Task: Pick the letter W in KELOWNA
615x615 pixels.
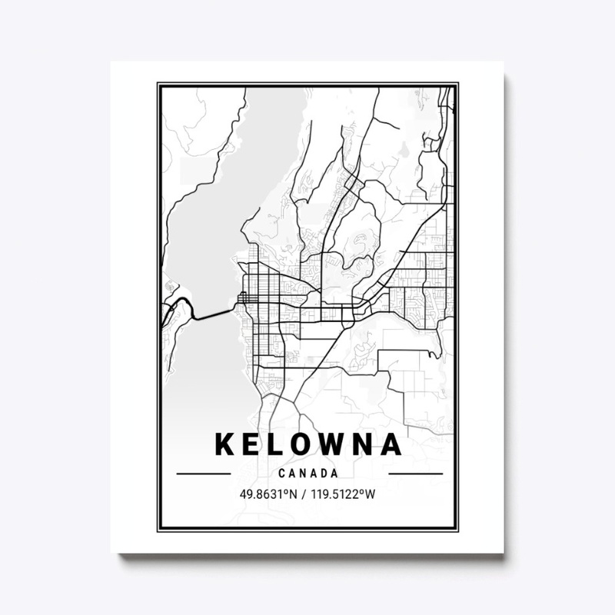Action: pyautogui.click(x=337, y=445)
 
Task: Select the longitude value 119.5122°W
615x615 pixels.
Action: pyautogui.click(x=343, y=494)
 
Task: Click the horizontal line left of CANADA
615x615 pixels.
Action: pyautogui.click(x=204, y=474)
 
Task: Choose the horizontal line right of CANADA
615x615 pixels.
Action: pyautogui.click(x=416, y=474)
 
